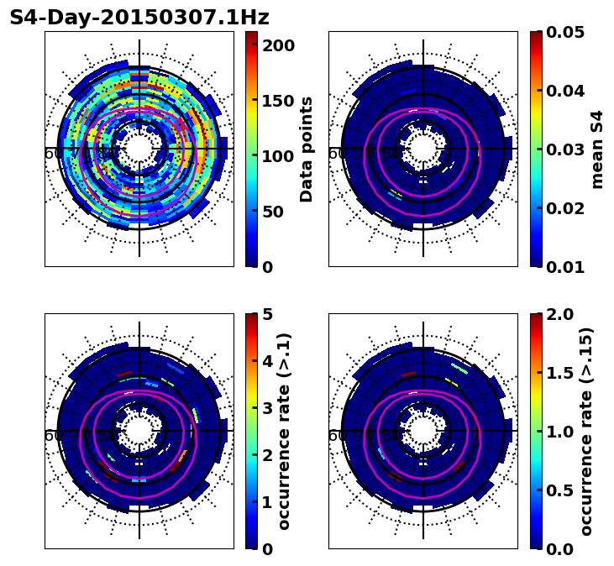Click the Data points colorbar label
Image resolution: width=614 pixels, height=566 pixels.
[x=307, y=149]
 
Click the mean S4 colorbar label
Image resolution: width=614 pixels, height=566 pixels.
[x=597, y=149]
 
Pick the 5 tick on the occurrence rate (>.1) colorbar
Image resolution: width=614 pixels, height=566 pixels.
[x=266, y=314]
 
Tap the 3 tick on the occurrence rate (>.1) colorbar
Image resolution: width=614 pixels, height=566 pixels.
[x=266, y=408]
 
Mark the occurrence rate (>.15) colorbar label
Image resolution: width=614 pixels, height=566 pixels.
[x=586, y=432]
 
